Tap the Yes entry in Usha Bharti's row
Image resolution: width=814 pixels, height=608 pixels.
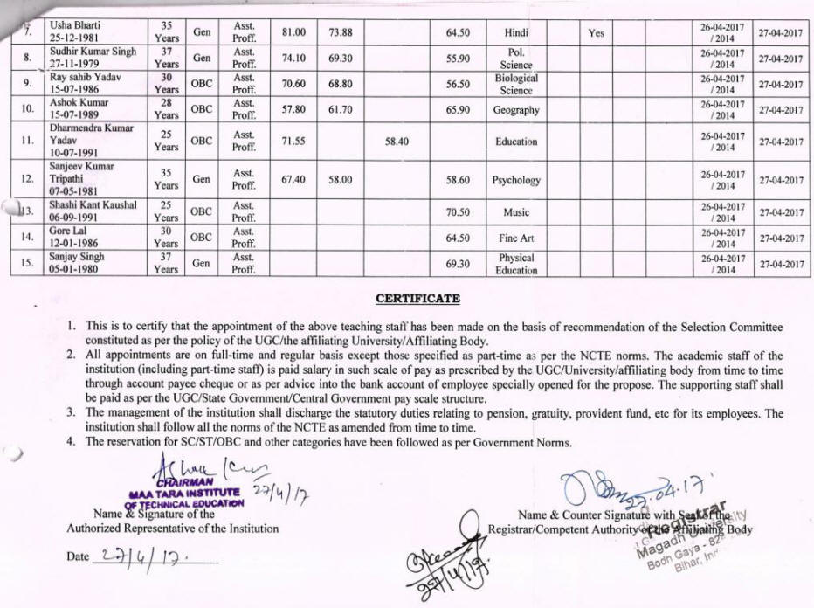point(597,32)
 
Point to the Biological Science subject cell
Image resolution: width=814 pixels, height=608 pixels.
point(516,84)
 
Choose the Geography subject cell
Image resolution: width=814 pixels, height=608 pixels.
point(516,110)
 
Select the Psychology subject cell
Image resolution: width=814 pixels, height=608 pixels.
point(516,180)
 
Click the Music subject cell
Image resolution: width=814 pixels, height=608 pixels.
point(516,211)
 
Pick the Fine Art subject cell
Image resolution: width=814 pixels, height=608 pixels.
point(516,238)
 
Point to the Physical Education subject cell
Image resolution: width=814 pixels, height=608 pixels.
point(516,264)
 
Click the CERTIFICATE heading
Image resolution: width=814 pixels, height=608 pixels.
point(417,299)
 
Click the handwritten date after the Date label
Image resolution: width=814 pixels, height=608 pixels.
point(140,556)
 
